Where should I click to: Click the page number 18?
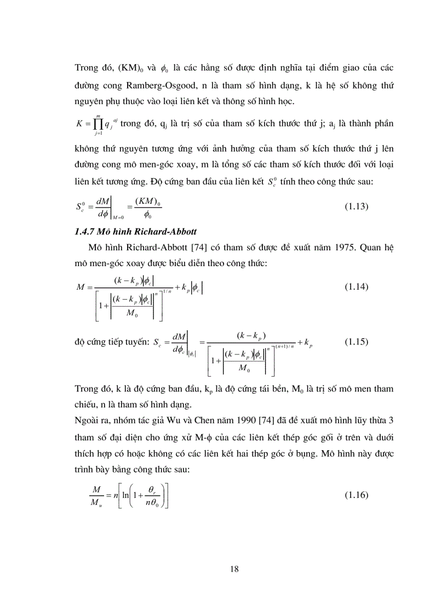[x=235, y=569]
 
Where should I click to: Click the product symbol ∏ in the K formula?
[x=99, y=123]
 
